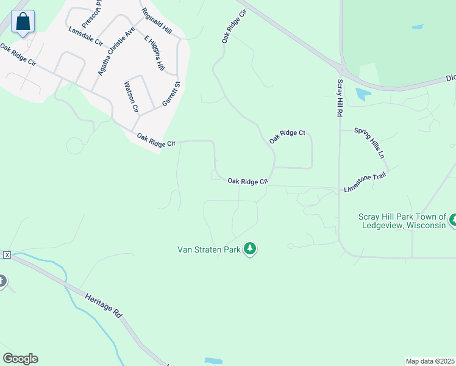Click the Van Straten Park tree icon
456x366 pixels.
pyautogui.click(x=249, y=249)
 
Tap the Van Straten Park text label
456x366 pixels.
pyautogui.click(x=208, y=249)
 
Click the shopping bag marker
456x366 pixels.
pyautogui.click(x=23, y=22)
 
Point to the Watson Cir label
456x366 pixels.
pyautogui.click(x=131, y=97)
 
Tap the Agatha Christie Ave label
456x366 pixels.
pyautogui.click(x=116, y=51)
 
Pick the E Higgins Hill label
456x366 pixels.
pyautogui.click(x=154, y=52)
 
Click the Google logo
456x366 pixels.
pyautogui.click(x=20, y=359)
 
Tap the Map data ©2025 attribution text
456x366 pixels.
pyautogui.click(x=430, y=361)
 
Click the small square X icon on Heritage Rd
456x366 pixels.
pyautogui.click(x=6, y=254)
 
